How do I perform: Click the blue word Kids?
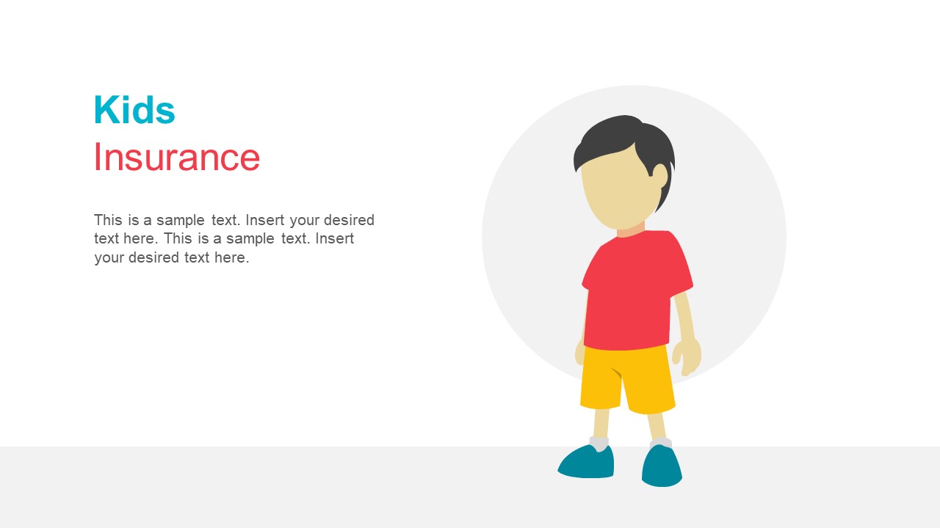click(x=134, y=111)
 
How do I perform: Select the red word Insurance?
click(x=176, y=158)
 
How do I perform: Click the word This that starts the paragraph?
click(x=108, y=220)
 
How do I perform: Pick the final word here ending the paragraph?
click(x=231, y=257)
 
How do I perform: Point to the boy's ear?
click(x=659, y=176)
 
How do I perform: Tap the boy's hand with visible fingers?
click(x=688, y=356)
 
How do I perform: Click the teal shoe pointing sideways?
click(x=587, y=462)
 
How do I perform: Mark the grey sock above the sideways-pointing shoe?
click(x=599, y=443)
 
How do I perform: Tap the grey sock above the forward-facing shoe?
click(x=660, y=442)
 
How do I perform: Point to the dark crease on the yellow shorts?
click(x=615, y=373)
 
